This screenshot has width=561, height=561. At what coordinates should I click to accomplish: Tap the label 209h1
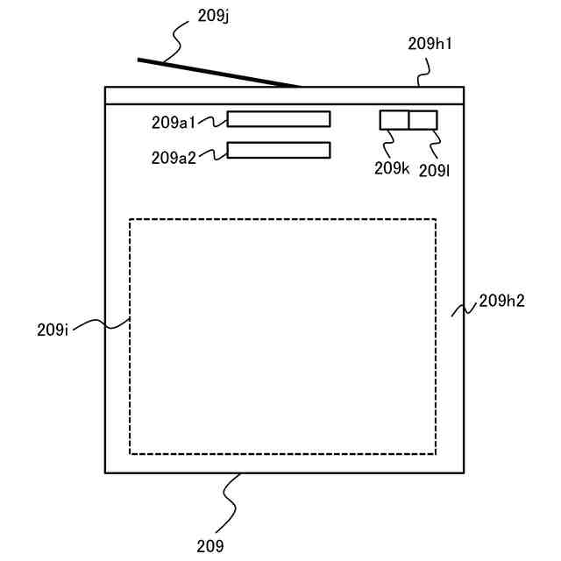pos(430,43)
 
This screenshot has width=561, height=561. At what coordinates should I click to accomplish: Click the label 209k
pos(392,168)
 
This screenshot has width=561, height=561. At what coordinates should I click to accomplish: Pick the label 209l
pos(435,169)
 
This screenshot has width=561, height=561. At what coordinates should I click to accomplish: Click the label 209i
pos(53,330)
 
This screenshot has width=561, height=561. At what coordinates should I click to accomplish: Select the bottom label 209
pos(210,546)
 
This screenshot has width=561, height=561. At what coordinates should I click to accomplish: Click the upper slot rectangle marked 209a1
pos(279,119)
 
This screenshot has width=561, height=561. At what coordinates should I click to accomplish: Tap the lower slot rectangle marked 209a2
pos(279,150)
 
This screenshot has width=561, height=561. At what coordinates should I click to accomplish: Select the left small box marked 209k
pos(394,120)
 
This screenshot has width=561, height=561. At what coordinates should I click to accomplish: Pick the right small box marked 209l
pos(423,120)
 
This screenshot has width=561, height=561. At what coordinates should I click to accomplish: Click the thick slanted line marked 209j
pos(219,74)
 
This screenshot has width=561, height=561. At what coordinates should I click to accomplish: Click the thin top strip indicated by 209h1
pos(284,96)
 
